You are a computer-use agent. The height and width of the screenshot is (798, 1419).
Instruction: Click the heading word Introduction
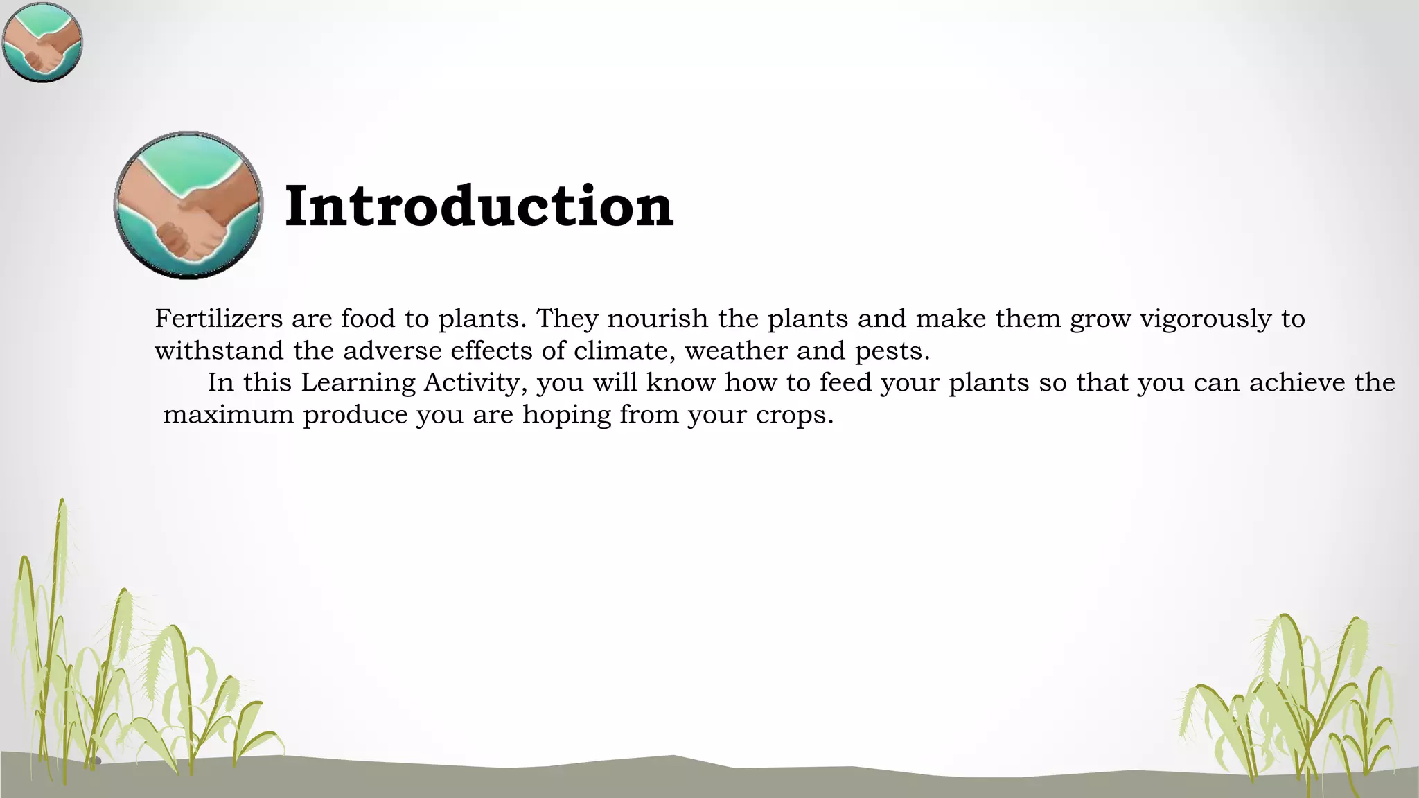click(x=479, y=206)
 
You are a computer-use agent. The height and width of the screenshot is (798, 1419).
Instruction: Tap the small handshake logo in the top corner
click(x=42, y=42)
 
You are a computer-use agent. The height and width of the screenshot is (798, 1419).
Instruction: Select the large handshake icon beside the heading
click(x=188, y=206)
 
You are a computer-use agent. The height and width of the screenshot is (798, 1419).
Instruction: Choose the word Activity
click(x=475, y=384)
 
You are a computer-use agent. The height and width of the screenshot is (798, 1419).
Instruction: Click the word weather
click(x=736, y=351)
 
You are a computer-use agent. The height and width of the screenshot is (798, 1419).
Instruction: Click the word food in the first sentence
click(x=368, y=319)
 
